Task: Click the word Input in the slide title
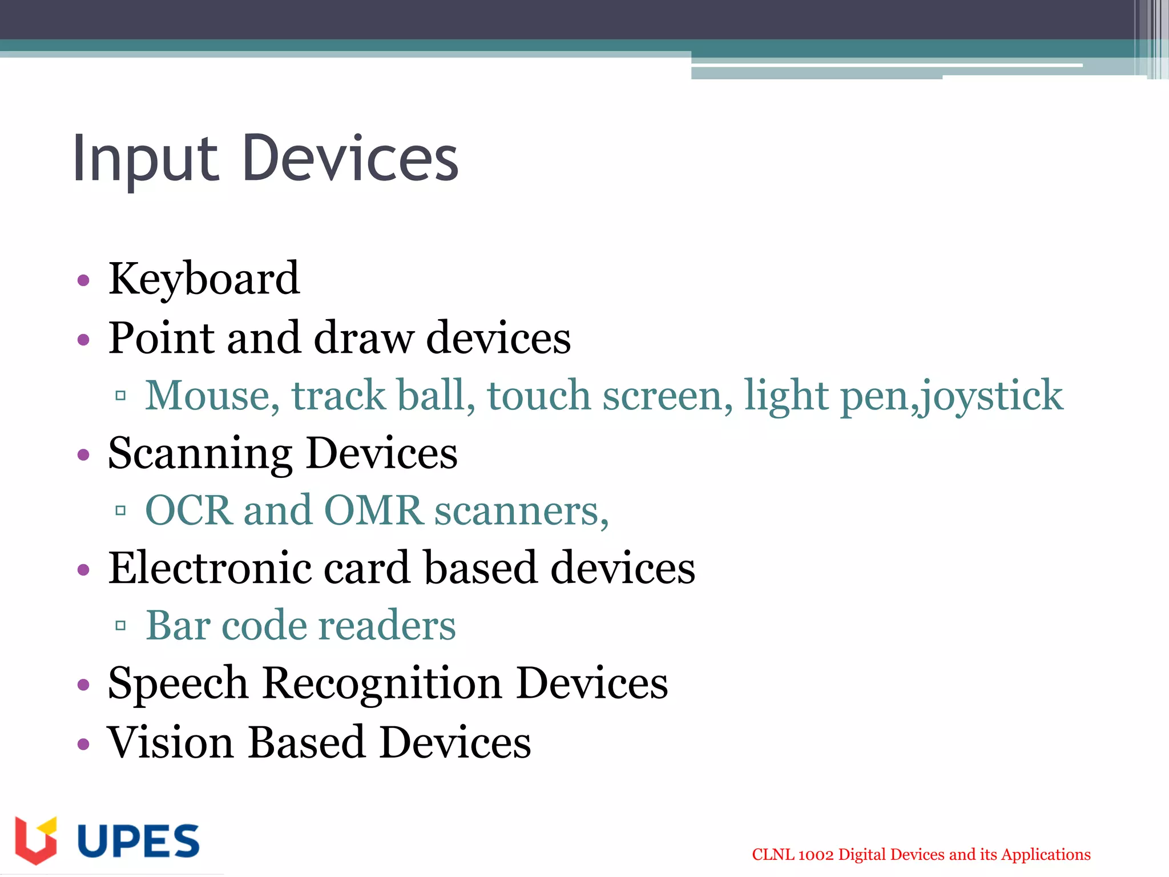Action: click(145, 159)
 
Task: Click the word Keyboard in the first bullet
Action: click(204, 279)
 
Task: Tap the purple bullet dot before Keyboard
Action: click(84, 280)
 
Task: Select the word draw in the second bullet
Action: click(364, 338)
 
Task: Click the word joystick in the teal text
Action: click(992, 395)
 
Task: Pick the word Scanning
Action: click(200, 453)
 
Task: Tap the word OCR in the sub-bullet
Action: click(189, 510)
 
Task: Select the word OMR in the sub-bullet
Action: click(373, 510)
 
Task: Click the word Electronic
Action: click(209, 568)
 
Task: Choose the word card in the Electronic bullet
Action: click(367, 568)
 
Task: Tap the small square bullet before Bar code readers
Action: click(120, 626)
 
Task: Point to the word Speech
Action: click(178, 683)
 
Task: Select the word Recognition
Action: click(382, 683)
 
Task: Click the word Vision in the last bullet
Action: click(171, 742)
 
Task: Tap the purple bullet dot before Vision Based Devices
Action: click(84, 743)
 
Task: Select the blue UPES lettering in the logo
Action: click(138, 841)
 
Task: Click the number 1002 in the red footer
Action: click(816, 855)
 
